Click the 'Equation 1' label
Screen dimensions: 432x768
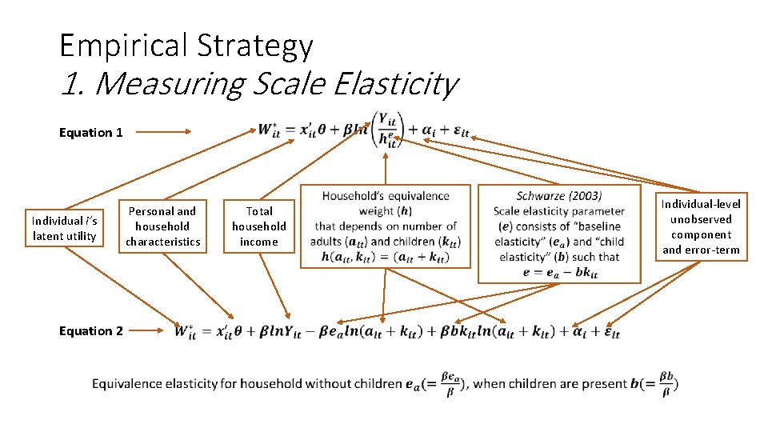pyautogui.click(x=91, y=133)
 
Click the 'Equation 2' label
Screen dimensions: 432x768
pyautogui.click(x=91, y=331)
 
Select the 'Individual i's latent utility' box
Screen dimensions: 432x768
pyautogui.click(x=64, y=228)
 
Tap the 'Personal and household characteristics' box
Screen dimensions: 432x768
pyautogui.click(x=162, y=226)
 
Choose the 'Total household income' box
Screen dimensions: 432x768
pyautogui.click(x=259, y=226)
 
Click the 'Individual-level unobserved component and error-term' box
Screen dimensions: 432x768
pyautogui.click(x=701, y=227)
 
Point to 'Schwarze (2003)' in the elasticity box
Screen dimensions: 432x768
pyautogui.click(x=559, y=196)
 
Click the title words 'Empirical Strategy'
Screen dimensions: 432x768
pyautogui.click(x=186, y=46)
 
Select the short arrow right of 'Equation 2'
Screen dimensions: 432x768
pyautogui.click(x=152, y=330)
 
